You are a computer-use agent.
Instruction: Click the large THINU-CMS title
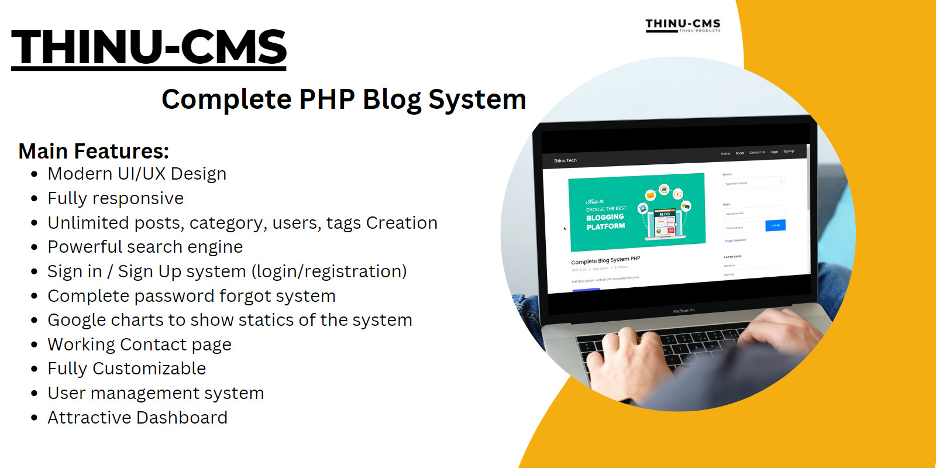pyautogui.click(x=149, y=48)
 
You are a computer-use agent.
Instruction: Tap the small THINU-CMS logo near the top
pyautogui.click(x=683, y=25)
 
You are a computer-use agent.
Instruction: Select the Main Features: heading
pyautogui.click(x=94, y=152)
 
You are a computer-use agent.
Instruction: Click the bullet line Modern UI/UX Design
pyautogui.click(x=137, y=174)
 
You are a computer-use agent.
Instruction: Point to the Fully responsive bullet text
pyautogui.click(x=115, y=198)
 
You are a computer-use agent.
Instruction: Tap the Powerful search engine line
pyautogui.click(x=145, y=247)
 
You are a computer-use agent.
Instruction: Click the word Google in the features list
pyautogui.click(x=77, y=320)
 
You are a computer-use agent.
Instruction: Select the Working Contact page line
pyautogui.click(x=139, y=345)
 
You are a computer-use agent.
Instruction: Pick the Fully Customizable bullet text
pyautogui.click(x=126, y=369)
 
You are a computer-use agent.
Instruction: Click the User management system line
pyautogui.click(x=156, y=393)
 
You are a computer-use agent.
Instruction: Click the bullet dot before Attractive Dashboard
pyautogui.click(x=35, y=418)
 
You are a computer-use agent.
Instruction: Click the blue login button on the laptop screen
pyautogui.click(x=775, y=225)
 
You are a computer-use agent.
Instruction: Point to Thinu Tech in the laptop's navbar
pyautogui.click(x=565, y=160)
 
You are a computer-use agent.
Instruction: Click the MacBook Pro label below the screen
pyautogui.click(x=684, y=311)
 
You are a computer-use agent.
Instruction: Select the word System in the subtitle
pyautogui.click(x=477, y=99)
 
